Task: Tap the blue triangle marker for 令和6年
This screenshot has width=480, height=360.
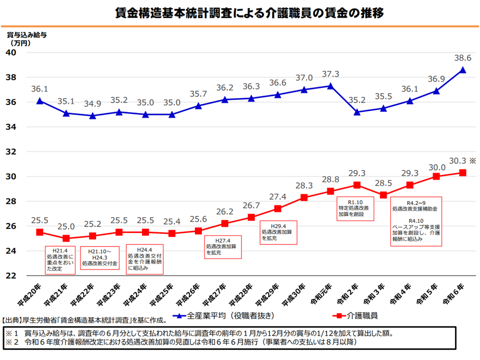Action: click(463, 70)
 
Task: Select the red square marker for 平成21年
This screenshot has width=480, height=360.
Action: click(66, 238)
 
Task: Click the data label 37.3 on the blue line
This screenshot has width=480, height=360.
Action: click(330, 74)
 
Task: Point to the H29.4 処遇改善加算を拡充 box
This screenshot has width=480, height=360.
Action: click(278, 231)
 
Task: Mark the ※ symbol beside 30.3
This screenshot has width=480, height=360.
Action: click(472, 161)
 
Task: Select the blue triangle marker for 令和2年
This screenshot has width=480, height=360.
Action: click(357, 112)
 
